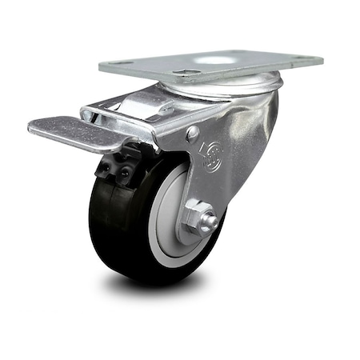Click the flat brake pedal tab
[64, 131]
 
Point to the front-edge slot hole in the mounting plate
[186, 74]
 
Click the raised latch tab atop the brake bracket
[152, 100]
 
